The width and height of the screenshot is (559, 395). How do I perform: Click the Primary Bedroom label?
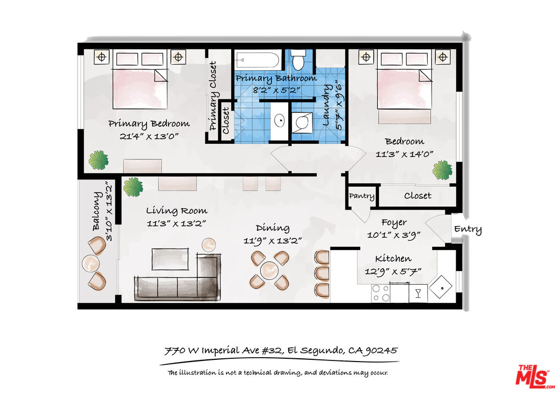click(x=149, y=124)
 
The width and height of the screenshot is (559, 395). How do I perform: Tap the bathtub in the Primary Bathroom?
click(x=257, y=60)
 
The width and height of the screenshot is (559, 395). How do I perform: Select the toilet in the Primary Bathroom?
click(x=298, y=59)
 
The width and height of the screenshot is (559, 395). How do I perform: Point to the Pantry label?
click(x=361, y=196)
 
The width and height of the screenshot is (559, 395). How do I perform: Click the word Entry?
click(x=468, y=229)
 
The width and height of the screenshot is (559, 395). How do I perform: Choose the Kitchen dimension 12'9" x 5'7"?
click(x=393, y=272)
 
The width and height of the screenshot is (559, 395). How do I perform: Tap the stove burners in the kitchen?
click(x=381, y=293)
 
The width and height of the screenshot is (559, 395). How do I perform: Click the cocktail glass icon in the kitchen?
click(x=418, y=293)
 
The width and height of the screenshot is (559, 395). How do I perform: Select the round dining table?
click(x=270, y=270)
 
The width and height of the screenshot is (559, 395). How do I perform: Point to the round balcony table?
click(x=91, y=263)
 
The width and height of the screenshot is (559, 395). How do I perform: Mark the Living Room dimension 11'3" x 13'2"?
click(x=177, y=224)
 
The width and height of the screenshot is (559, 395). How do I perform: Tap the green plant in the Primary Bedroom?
click(x=98, y=160)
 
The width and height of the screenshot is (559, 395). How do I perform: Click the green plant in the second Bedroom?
click(x=443, y=170)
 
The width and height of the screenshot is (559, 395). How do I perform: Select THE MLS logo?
click(x=535, y=376)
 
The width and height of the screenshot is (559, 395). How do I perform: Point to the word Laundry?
click(x=326, y=105)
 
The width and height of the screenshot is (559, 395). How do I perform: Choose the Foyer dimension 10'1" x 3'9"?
click(x=394, y=235)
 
